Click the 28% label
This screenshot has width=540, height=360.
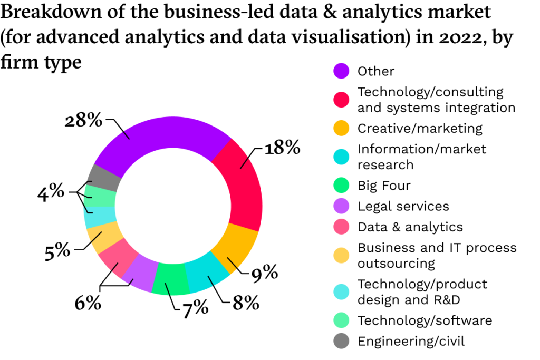(x=83, y=121)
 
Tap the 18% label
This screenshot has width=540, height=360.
(x=283, y=148)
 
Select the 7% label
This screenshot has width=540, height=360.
(x=195, y=308)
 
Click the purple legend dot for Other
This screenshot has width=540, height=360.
(x=341, y=71)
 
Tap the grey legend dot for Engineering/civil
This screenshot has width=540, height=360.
(x=341, y=342)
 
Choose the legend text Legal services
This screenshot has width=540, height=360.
(x=403, y=206)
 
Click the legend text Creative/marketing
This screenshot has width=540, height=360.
(x=420, y=128)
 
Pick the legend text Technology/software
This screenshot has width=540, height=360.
(x=425, y=320)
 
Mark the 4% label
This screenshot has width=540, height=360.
(x=51, y=193)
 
